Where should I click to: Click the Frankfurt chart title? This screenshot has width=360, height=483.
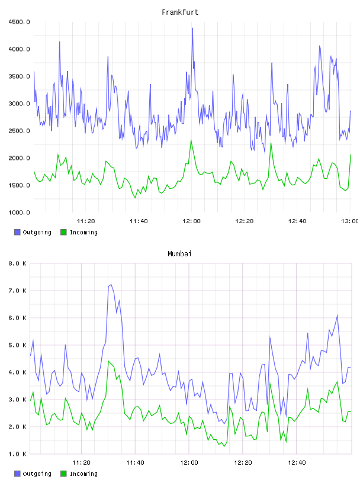click(180, 12)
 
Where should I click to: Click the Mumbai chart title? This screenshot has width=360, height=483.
click(179, 254)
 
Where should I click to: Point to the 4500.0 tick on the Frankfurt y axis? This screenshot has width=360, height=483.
click(19, 22)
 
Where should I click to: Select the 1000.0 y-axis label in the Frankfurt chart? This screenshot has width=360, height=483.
click(19, 212)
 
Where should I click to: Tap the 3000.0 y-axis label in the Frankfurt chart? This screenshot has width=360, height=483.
click(19, 104)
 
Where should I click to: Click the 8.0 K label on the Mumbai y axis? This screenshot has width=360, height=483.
click(17, 263)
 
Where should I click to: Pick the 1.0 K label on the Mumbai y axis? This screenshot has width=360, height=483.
click(17, 454)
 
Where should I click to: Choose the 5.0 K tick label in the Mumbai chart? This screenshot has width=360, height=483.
click(17, 345)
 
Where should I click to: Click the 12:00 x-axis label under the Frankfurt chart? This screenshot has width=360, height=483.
click(191, 221)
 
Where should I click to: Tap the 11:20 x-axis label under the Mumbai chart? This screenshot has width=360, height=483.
click(81, 462)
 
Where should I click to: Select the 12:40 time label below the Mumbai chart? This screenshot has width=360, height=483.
click(297, 462)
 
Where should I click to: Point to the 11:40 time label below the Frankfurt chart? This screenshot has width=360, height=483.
click(139, 221)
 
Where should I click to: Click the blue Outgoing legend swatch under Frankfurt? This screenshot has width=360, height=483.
click(17, 232)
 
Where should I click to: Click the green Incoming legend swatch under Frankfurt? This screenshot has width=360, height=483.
click(63, 232)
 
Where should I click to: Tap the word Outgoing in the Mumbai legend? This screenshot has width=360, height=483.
click(37, 474)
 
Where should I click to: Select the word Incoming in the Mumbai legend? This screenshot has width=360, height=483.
click(83, 474)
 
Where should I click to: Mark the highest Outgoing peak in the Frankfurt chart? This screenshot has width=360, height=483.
click(192, 28)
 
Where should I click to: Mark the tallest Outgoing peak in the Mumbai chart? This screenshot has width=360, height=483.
click(111, 285)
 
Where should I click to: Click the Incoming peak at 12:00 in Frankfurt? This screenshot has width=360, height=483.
click(191, 140)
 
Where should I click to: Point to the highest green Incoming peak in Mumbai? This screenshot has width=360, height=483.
click(108, 361)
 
